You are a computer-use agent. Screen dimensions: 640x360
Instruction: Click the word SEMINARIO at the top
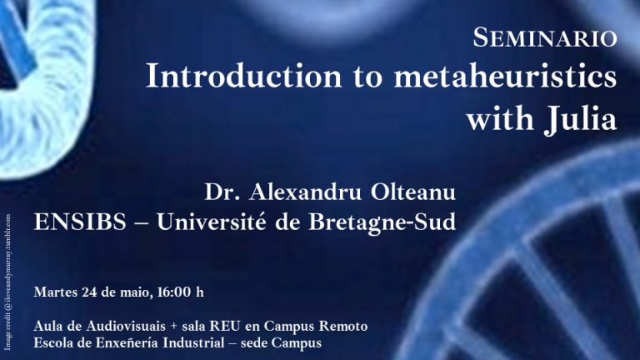(x=545, y=37)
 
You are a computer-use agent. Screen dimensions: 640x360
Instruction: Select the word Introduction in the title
(x=243, y=76)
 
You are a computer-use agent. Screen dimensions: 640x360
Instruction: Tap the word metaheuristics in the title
(x=505, y=76)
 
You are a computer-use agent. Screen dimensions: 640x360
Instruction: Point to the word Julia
(x=580, y=119)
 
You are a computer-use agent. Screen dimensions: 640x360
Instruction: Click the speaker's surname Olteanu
(x=413, y=192)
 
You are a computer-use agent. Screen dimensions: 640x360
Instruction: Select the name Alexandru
(x=305, y=192)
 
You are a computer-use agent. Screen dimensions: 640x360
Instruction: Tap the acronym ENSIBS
(x=80, y=222)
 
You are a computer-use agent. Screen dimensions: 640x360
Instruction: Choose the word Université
(x=212, y=222)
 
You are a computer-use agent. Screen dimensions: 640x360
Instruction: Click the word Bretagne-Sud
(x=382, y=222)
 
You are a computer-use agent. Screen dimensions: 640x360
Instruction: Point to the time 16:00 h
(x=180, y=292)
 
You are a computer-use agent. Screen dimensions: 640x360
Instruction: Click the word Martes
(x=56, y=292)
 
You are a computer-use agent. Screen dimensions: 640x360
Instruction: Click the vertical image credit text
(x=7, y=282)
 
